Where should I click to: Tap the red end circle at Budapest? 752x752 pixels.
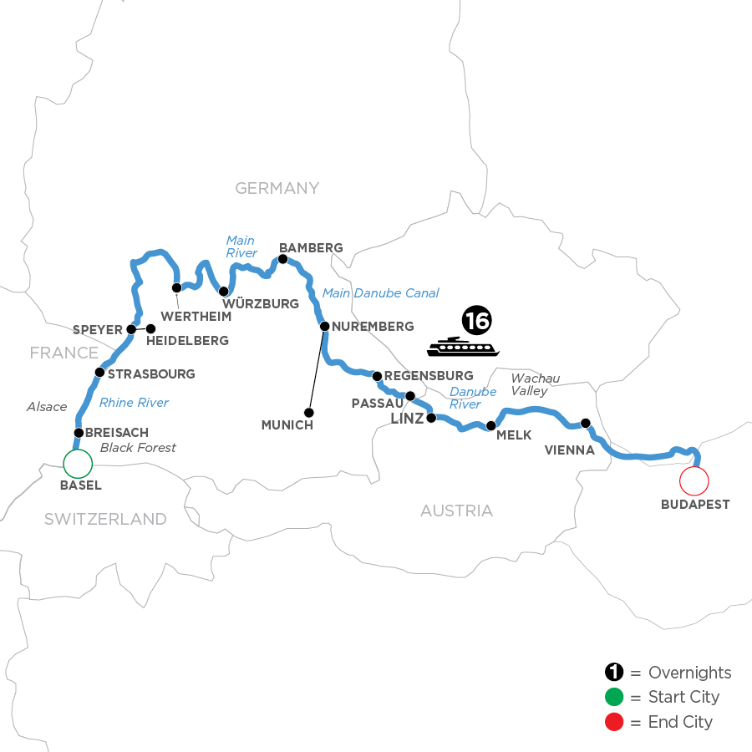click(694, 481)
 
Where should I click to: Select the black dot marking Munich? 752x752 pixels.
click(309, 412)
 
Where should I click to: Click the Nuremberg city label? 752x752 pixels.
click(373, 326)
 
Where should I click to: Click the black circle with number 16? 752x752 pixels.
click(475, 320)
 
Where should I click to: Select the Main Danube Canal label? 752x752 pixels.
click(380, 292)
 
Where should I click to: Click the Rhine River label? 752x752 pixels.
click(134, 403)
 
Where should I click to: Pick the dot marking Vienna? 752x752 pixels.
click(586, 423)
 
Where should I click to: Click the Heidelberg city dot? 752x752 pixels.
click(151, 329)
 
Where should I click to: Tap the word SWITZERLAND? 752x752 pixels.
click(105, 519)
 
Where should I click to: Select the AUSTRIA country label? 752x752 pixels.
click(456, 510)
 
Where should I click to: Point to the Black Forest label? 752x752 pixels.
click(138, 448)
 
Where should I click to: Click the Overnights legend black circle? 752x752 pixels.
click(614, 673)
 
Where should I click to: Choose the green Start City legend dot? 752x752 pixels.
click(614, 697)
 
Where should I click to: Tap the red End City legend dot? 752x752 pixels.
click(614, 721)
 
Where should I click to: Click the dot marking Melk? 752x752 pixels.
click(491, 426)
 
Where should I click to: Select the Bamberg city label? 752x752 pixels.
click(311, 248)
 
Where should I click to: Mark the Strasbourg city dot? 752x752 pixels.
click(99, 372)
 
